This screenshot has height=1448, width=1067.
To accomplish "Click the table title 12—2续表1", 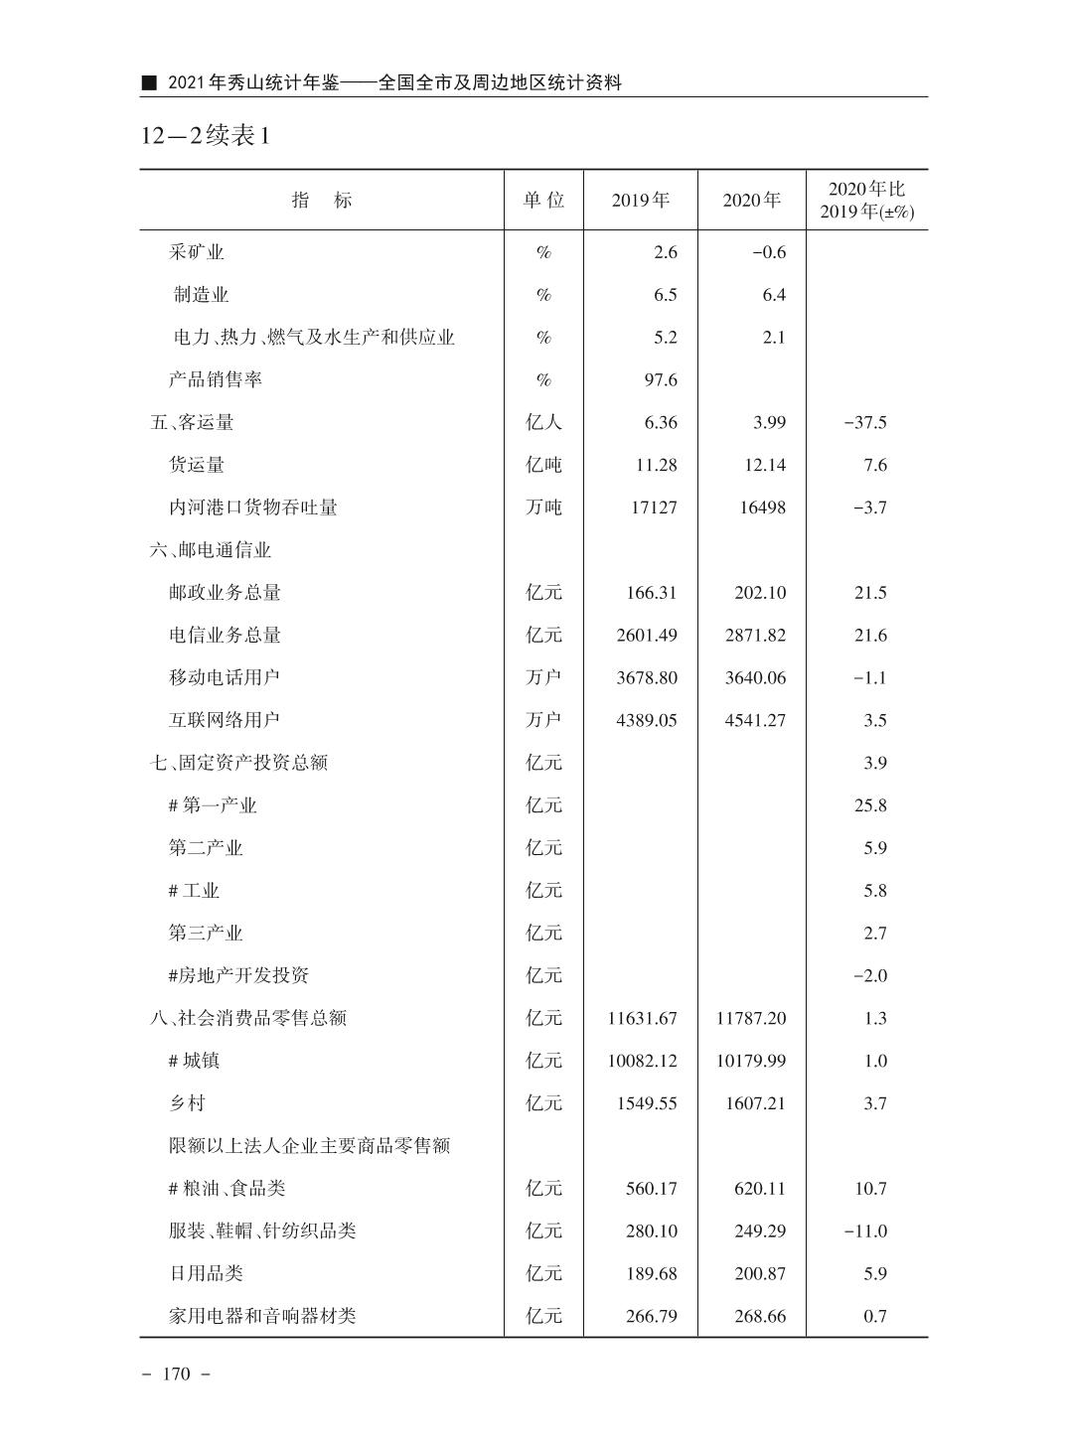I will point(206,135).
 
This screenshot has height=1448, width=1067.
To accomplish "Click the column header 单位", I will point(543,200).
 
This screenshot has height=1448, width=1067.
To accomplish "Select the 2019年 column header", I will point(640,200).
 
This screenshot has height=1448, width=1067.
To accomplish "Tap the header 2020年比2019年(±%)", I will point(866,200).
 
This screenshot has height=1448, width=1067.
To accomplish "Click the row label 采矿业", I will point(197,252).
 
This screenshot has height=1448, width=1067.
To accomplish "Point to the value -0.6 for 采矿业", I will point(768,252).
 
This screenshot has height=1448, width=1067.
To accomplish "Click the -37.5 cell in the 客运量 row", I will point(864,423).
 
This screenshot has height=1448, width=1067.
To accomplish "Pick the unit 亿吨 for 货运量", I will point(543,466).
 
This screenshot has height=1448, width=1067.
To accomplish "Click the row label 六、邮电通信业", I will point(211,550).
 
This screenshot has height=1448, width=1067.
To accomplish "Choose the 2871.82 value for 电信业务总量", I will point(755,636).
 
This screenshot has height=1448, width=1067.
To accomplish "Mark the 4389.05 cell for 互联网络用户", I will point(647,721).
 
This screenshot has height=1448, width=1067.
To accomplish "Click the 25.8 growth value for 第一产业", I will point(870,805).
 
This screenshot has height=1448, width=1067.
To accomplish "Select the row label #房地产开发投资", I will point(238,976).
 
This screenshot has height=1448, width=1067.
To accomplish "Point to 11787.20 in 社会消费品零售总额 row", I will point(750,1019).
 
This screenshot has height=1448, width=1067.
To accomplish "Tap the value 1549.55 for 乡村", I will point(647,1103).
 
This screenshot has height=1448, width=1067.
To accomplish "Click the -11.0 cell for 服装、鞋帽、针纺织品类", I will point(864,1231).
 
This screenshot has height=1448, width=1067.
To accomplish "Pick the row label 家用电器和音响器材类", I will point(262,1317).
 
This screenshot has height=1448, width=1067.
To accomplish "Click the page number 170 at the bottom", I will point(176,1375).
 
